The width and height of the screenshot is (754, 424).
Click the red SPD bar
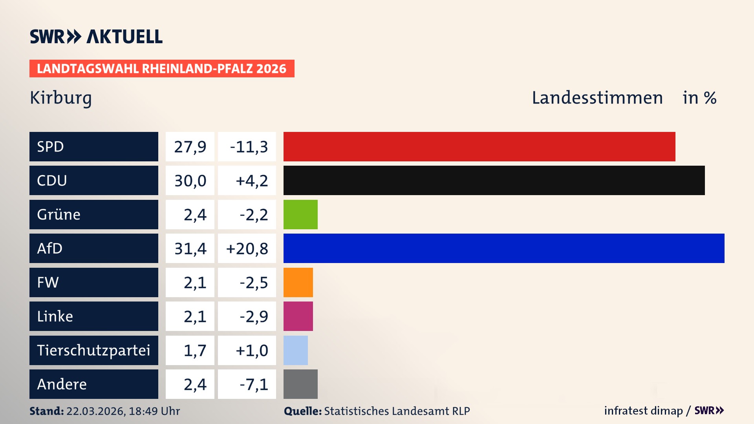coord(479,146)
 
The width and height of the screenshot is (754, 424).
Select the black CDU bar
coord(494,181)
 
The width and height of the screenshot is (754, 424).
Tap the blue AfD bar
coord(504,248)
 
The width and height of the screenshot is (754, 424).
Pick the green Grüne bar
coord(300,214)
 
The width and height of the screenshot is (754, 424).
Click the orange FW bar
coord(298,282)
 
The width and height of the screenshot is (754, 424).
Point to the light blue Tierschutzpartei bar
coord(296,350)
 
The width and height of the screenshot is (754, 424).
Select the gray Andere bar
coord(300,384)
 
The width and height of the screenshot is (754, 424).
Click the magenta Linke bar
coord(298,316)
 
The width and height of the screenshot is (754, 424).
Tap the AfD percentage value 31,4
coord(190,249)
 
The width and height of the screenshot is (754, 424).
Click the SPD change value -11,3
coord(249,147)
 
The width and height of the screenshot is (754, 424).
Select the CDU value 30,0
coord(190,181)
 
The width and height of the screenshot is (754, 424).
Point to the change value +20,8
coord(247,249)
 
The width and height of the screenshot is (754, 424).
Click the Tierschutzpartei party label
coord(93,350)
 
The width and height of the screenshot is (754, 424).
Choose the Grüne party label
coord(59,214)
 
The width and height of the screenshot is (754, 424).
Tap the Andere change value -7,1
coord(254,384)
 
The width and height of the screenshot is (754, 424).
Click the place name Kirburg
coord(61,98)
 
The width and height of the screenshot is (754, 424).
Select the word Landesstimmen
coord(597,98)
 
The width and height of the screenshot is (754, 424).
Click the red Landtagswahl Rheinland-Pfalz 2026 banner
coord(162,69)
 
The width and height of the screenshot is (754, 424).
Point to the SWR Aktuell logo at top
coord(96,37)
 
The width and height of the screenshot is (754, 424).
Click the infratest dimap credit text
coord(643,411)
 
